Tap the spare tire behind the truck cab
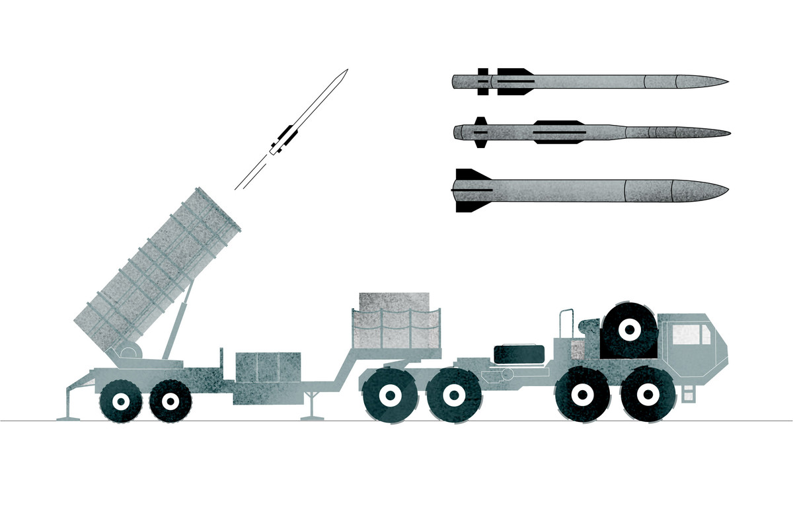pyautogui.click(x=629, y=329)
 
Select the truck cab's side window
pyautogui.click(x=691, y=335)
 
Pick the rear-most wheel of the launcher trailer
pyautogui.click(x=121, y=401)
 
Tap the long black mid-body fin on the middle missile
pyautogui.click(x=560, y=133)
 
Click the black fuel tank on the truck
pyautogui.click(x=520, y=354)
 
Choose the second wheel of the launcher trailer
pyautogui.click(x=170, y=401)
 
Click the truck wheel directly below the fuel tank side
pyautogui.click(x=452, y=396)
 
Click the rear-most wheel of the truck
pyautogui.click(x=390, y=395)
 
